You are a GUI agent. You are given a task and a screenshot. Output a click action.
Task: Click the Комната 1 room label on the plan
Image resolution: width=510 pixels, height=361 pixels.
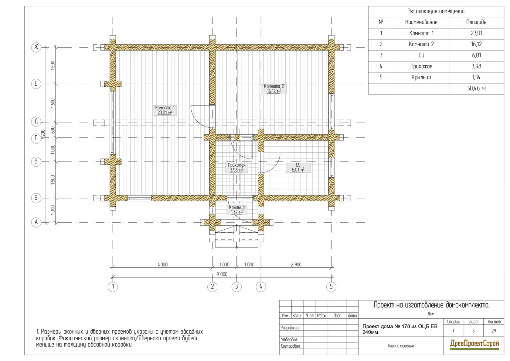click(x=165, y=110)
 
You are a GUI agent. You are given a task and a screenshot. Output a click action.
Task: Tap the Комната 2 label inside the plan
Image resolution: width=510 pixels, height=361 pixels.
click(x=274, y=89)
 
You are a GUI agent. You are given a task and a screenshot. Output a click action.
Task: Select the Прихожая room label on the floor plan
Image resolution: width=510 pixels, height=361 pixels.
click(x=236, y=168)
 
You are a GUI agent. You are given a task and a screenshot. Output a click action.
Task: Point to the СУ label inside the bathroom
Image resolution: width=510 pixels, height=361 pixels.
click(x=298, y=168)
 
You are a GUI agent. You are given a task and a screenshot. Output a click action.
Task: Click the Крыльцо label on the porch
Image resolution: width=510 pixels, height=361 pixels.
click(x=236, y=210)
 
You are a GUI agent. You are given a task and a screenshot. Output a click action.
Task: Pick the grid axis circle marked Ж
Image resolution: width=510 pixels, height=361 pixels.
click(x=36, y=47)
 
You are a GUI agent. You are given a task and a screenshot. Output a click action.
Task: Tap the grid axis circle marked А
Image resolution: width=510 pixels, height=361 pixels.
click(x=36, y=222)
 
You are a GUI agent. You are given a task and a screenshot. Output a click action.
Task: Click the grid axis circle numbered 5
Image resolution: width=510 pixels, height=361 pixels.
click(x=331, y=287)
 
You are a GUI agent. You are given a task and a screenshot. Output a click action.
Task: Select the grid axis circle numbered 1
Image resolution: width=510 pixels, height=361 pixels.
click(x=113, y=287)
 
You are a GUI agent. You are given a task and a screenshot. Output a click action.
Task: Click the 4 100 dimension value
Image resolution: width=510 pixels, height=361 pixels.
click(x=163, y=265)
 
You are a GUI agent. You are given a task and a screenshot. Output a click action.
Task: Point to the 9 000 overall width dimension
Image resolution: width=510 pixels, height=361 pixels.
click(x=222, y=274)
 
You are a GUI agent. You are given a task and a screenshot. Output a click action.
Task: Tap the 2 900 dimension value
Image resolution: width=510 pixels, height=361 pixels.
click(x=296, y=265)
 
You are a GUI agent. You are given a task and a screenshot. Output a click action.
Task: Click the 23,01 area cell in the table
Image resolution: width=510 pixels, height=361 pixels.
click(x=476, y=33)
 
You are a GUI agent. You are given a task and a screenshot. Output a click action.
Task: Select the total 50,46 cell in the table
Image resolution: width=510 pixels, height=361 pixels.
click(x=476, y=88)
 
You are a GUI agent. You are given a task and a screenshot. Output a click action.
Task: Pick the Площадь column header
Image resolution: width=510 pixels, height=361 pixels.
click(x=476, y=22)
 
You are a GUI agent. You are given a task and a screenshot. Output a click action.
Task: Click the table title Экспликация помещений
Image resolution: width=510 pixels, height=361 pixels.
click(x=436, y=11)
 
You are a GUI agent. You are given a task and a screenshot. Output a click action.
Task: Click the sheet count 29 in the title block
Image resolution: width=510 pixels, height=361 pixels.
click(x=494, y=331)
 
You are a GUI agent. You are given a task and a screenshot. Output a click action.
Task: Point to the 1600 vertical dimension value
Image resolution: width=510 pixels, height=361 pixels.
click(x=53, y=103)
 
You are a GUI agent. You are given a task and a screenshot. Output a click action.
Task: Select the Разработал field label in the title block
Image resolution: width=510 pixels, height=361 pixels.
click(x=290, y=328)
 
